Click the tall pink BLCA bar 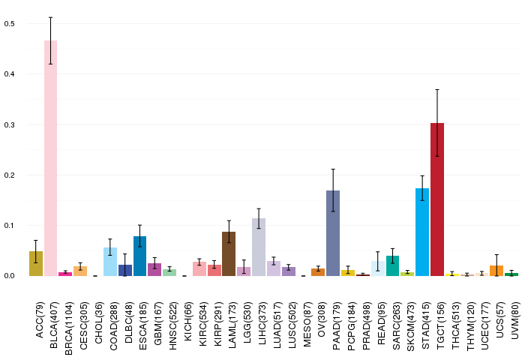pyautogui.click(x=50, y=158)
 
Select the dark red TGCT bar pyautogui.click(x=437, y=199)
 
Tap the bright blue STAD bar pyautogui.click(x=422, y=232)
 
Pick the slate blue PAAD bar pyautogui.click(x=333, y=233)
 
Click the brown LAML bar pyautogui.click(x=229, y=253)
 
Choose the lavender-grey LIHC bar pyautogui.click(x=259, y=247)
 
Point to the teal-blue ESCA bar pyautogui.click(x=140, y=256)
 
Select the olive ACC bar pyautogui.click(x=36, y=263)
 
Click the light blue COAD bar pyautogui.click(x=110, y=262)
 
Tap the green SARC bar pyautogui.click(x=392, y=266)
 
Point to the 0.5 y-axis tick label pyautogui.click(x=9, y=24)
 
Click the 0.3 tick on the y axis pyautogui.click(x=9, y=125)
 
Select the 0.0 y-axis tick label pyautogui.click(x=9, y=276)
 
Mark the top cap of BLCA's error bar pyautogui.click(x=50, y=17)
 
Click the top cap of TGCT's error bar pyautogui.click(x=437, y=90)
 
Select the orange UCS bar pyautogui.click(x=496, y=271)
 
